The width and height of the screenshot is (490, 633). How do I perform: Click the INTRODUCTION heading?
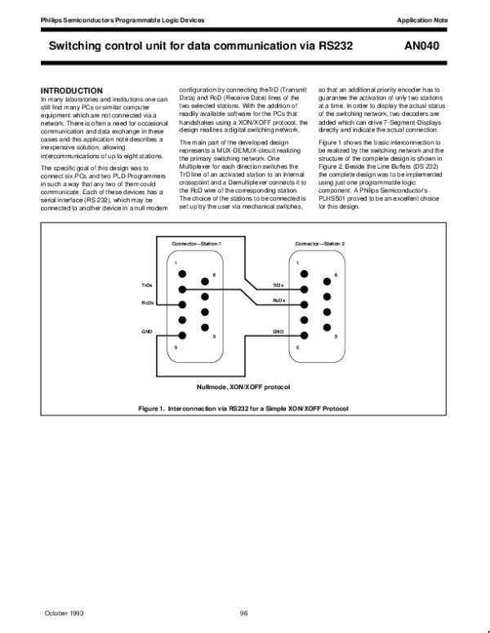click(x=72, y=90)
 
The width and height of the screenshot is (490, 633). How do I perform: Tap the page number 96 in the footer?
click(x=243, y=613)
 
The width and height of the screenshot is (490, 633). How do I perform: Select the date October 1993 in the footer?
click(x=65, y=613)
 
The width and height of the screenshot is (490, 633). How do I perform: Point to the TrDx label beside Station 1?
click(x=147, y=286)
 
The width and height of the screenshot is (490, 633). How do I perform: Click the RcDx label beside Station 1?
click(x=147, y=303)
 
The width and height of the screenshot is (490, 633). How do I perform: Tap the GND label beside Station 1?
click(x=147, y=332)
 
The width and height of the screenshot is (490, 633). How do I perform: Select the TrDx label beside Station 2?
click(x=278, y=286)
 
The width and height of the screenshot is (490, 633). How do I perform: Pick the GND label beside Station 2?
click(x=278, y=332)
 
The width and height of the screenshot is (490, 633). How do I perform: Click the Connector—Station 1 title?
click(x=197, y=244)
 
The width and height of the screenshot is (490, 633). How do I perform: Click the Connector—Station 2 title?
click(x=320, y=244)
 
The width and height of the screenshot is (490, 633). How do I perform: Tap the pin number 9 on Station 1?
click(x=214, y=336)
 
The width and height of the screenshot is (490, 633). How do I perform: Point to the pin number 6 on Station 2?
click(x=336, y=275)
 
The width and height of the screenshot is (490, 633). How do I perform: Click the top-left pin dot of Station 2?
click(x=304, y=274)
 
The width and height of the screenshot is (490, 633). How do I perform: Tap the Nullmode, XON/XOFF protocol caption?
click(x=244, y=386)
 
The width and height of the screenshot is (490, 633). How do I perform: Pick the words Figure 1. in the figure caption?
click(x=154, y=407)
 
